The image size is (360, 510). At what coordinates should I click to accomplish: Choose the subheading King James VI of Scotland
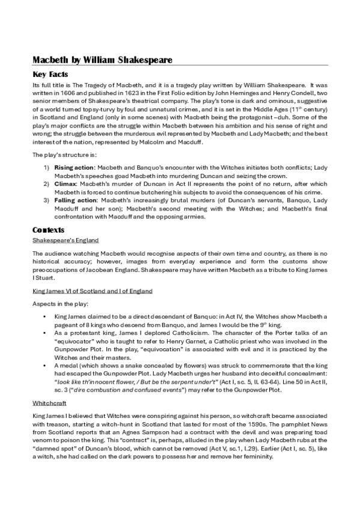(92, 290)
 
